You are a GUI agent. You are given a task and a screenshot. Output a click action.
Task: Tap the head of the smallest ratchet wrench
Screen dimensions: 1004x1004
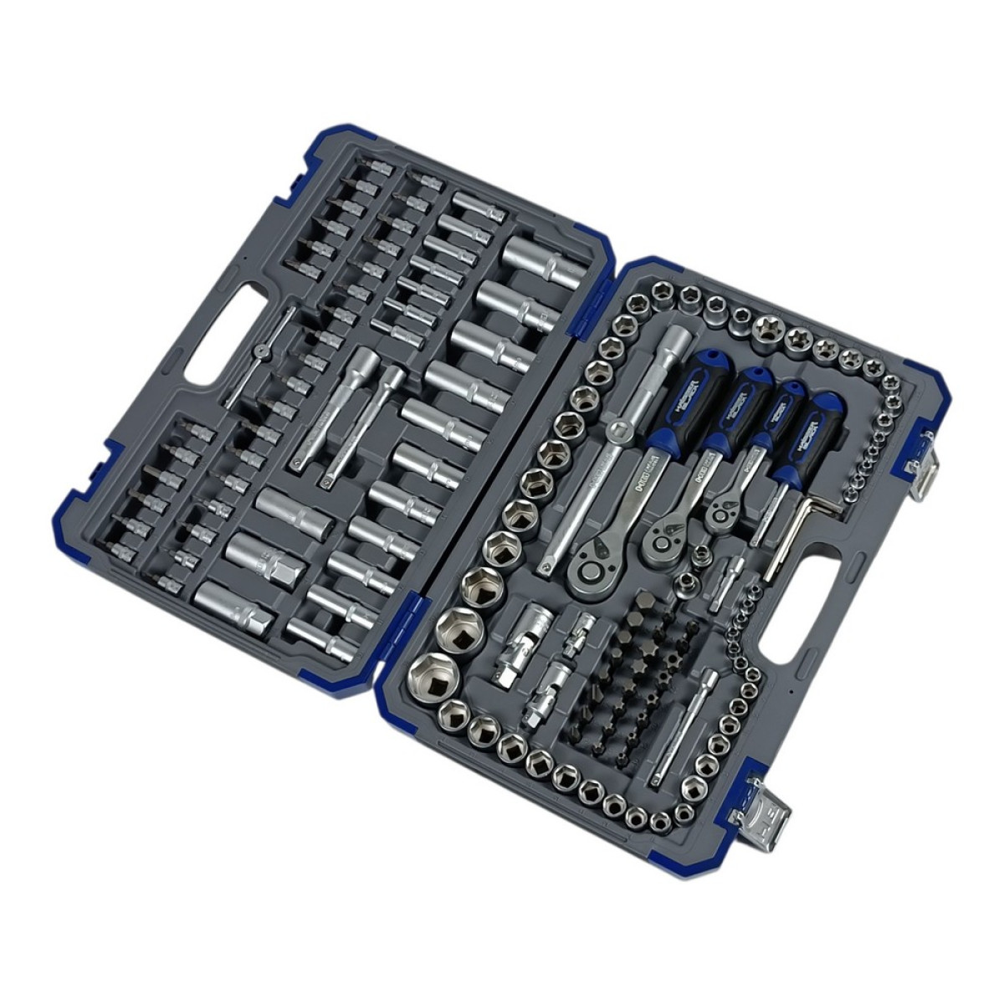click(x=721, y=508)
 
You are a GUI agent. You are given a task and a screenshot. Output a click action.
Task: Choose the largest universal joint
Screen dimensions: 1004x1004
click(x=525, y=638)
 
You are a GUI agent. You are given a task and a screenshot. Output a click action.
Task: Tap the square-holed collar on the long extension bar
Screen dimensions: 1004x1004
click(x=619, y=433)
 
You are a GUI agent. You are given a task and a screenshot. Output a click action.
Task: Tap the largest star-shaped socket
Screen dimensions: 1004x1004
click(x=765, y=325)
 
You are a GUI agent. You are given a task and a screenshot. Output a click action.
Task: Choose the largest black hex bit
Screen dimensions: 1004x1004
click(x=645, y=605)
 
